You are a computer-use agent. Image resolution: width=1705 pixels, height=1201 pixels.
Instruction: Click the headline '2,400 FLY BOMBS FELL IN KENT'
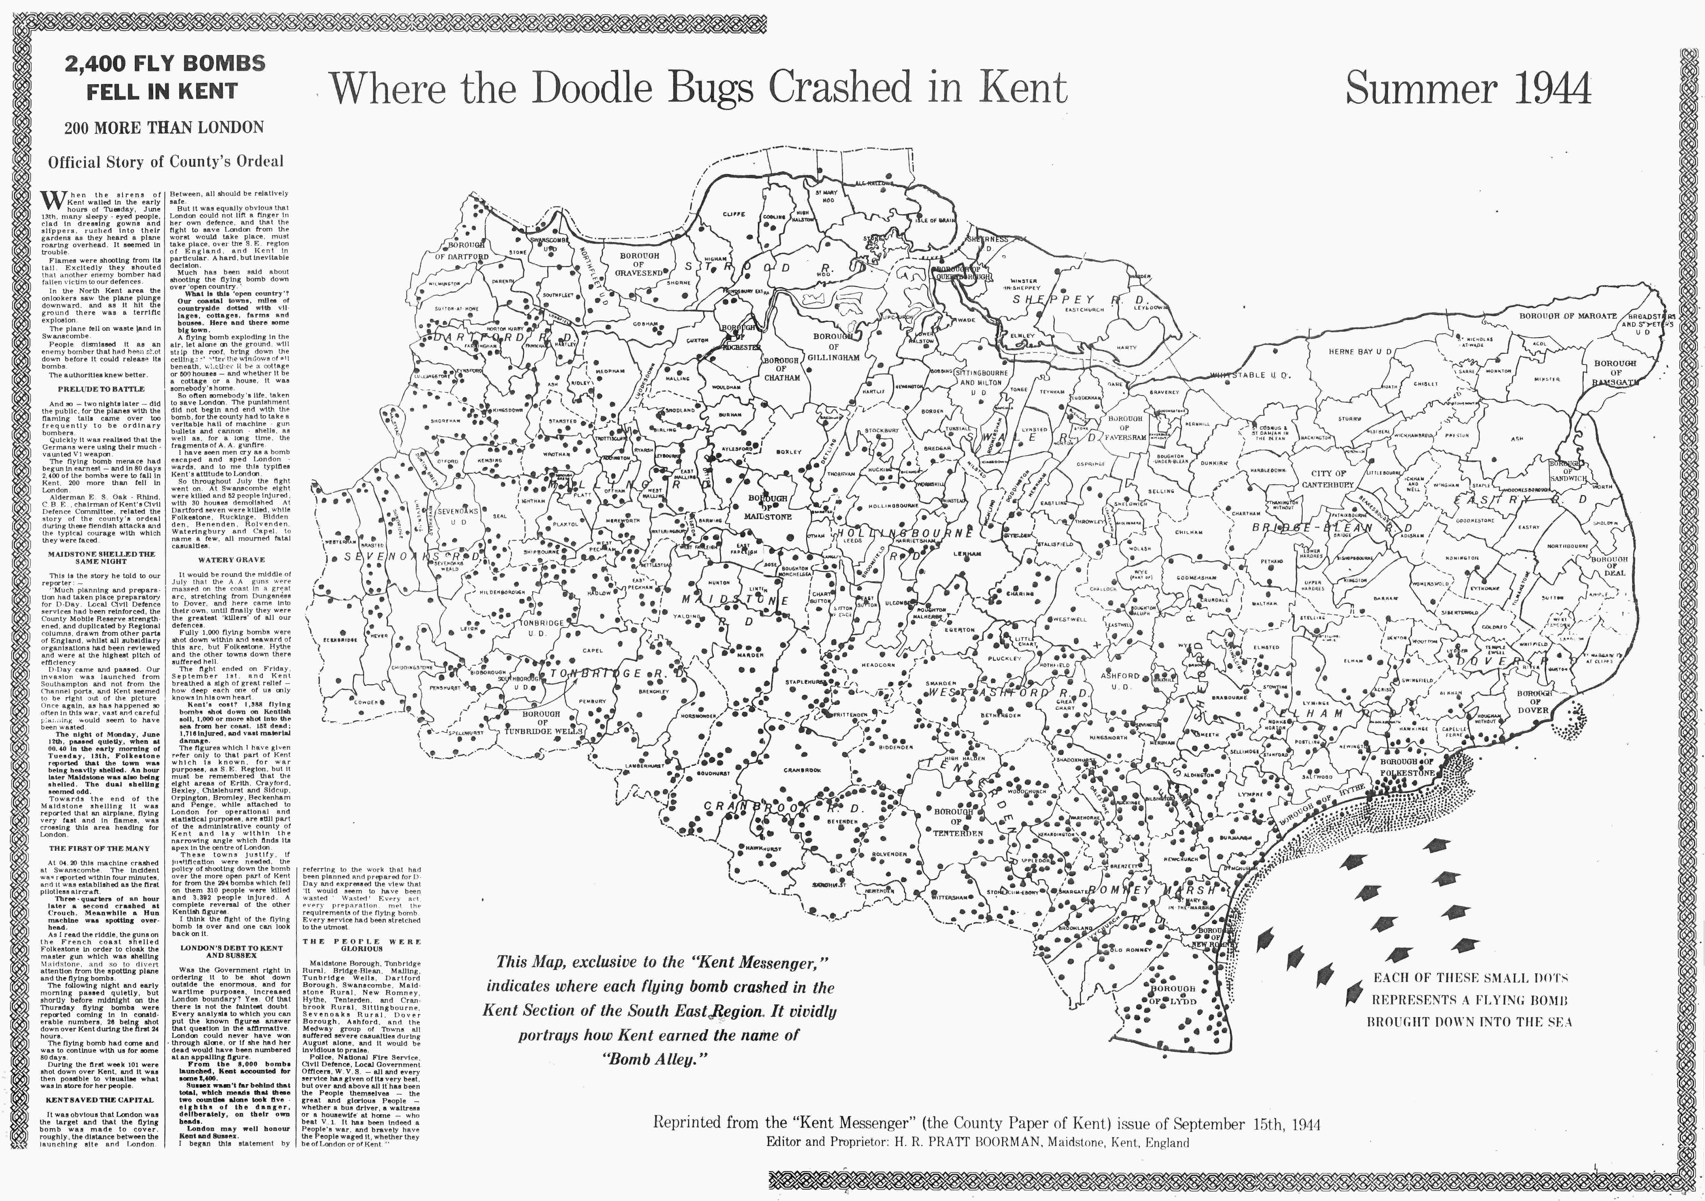pyautogui.click(x=165, y=77)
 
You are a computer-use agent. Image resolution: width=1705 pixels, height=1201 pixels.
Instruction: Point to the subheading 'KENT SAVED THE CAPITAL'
pyautogui.click(x=99, y=1100)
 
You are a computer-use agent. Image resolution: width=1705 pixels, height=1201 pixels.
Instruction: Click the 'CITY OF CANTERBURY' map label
pyautogui.click(x=1328, y=479)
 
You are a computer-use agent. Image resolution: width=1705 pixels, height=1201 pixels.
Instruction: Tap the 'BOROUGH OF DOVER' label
pyautogui.click(x=1533, y=702)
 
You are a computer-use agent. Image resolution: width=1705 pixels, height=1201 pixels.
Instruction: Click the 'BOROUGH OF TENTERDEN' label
pyautogui.click(x=958, y=822)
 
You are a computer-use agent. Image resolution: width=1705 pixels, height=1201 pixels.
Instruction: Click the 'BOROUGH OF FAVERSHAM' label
pyautogui.click(x=1124, y=428)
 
